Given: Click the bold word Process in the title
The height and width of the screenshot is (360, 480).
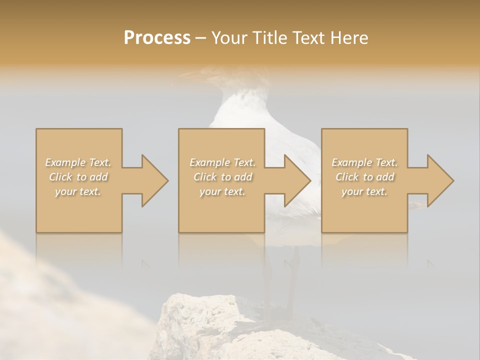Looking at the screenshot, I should click(157, 37).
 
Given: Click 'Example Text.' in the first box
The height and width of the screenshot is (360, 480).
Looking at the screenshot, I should click(78, 162).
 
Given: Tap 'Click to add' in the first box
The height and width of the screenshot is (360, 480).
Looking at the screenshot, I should click(78, 177).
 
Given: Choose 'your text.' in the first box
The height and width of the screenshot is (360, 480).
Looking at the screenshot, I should click(78, 191).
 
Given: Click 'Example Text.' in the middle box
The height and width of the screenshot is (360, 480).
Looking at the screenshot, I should click(222, 162).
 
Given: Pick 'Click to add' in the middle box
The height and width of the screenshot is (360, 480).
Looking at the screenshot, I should click(222, 177).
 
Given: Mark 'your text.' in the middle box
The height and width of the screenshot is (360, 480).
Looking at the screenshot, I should click(222, 191).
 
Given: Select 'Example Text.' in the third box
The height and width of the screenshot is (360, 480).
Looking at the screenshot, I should click(364, 162).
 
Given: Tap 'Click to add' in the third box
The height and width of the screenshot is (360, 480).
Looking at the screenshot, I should click(364, 177).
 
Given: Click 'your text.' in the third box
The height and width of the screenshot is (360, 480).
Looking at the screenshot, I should click(364, 191).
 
